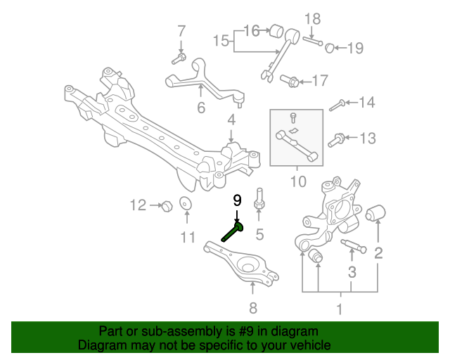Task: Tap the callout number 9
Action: pos(237,199)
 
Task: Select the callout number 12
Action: pos(138,205)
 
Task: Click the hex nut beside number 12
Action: pos(167,206)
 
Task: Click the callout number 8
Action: pos(253,307)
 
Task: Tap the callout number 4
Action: pos(231,121)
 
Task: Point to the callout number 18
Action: pos(312,18)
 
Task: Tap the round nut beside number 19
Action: pos(328,48)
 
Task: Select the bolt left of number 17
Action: pos(288,82)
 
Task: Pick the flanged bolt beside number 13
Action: pos(337,137)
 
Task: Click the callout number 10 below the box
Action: pos(297,182)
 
